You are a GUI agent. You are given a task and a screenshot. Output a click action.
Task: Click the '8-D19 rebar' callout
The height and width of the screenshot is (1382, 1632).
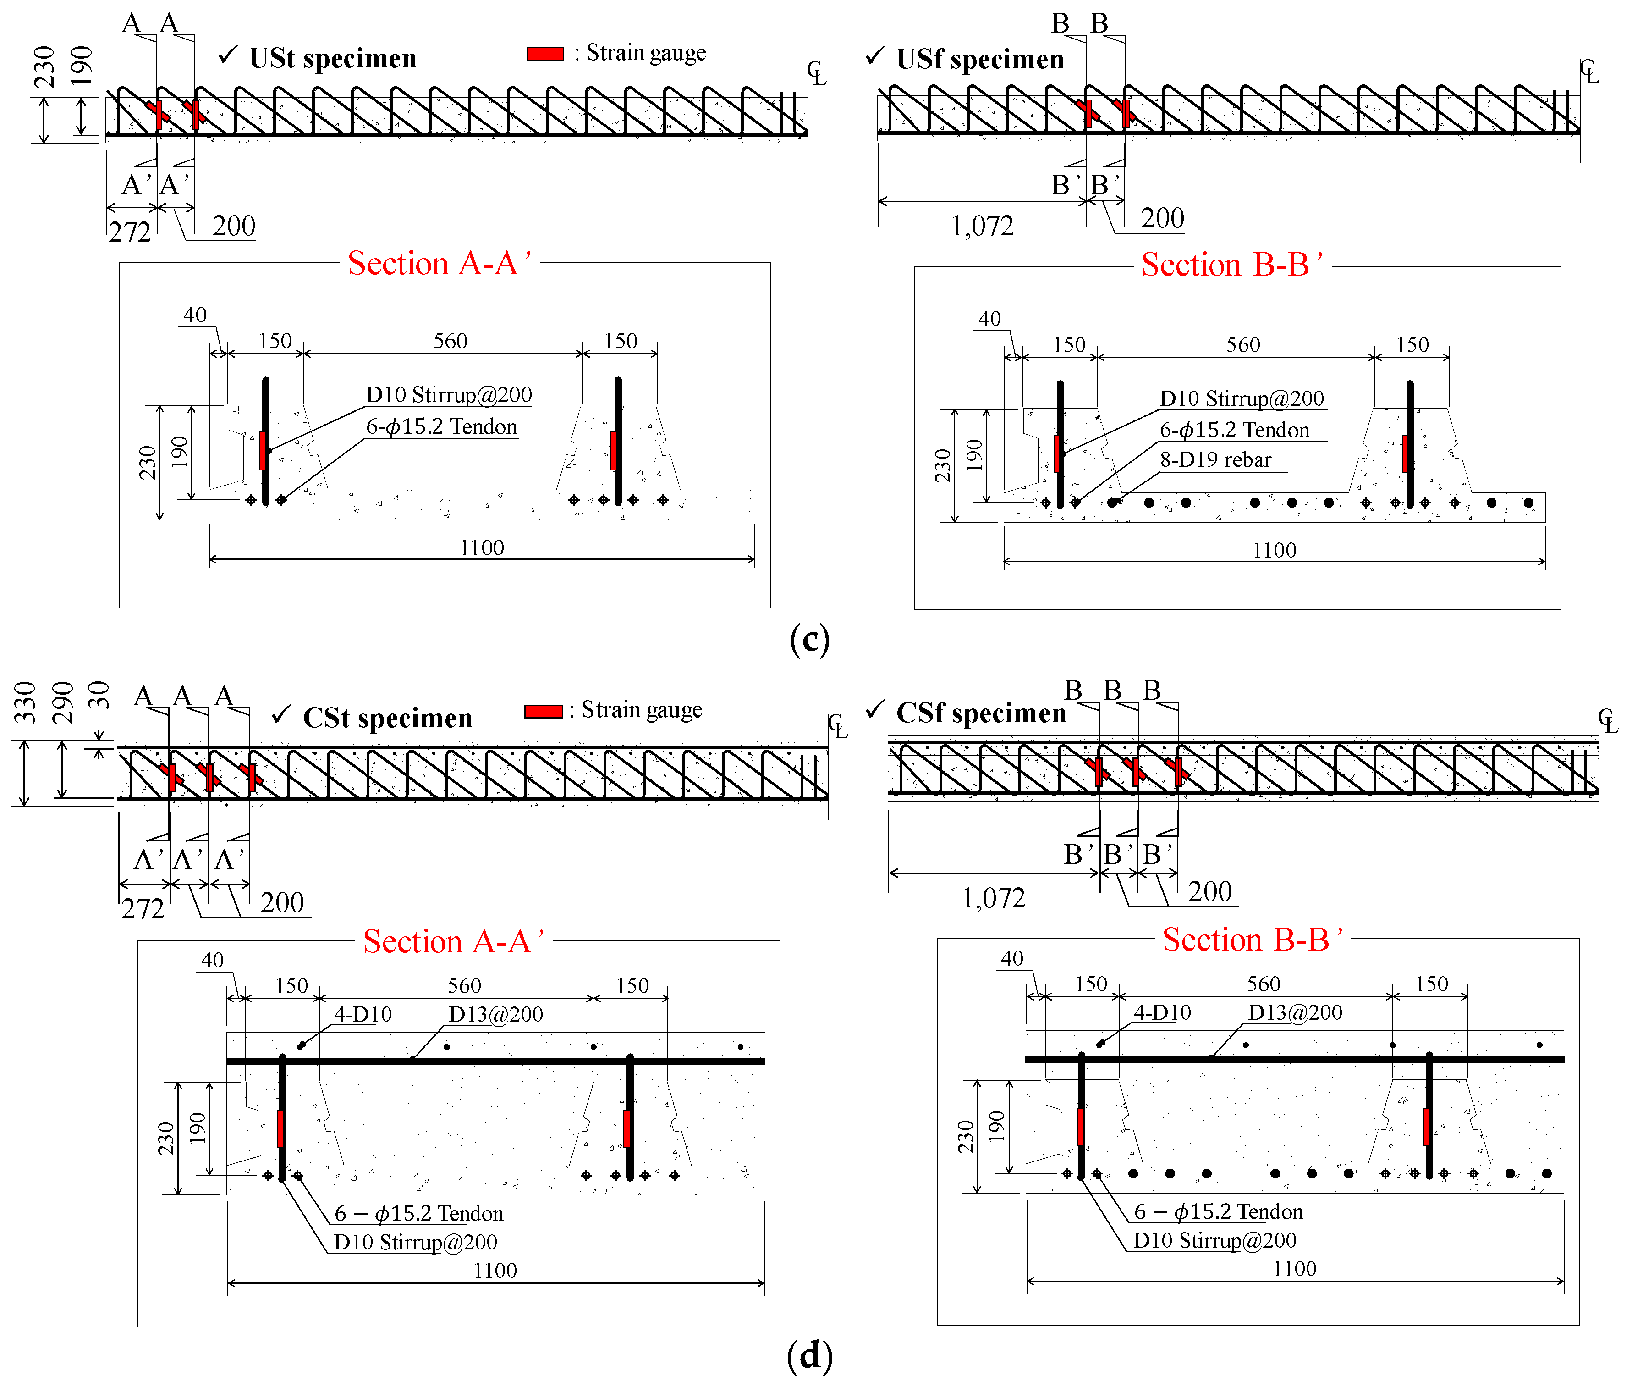coord(1215,460)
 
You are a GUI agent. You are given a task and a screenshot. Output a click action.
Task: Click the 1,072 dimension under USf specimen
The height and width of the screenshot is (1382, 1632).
coord(982,227)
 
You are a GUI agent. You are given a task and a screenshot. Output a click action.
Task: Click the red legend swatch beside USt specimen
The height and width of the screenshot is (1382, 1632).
coord(545,53)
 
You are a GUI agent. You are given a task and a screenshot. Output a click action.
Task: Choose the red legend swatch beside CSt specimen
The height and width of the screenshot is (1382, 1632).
coord(544,711)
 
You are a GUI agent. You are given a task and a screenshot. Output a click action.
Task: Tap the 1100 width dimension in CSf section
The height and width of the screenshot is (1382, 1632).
coord(1295,1268)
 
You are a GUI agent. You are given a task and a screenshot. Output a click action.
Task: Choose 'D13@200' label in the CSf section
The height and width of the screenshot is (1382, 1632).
coord(1295,1013)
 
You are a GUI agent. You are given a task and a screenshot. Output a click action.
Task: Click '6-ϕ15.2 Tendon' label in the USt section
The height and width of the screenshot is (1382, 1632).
coord(442,427)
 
